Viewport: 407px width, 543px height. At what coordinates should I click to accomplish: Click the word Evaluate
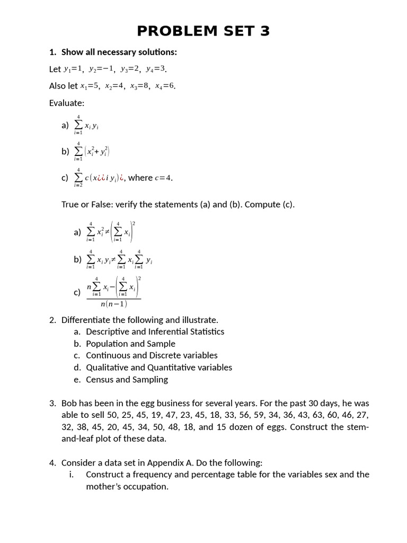67,103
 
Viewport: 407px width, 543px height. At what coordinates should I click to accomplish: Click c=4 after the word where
163,178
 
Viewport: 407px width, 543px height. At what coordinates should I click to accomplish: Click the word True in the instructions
70,205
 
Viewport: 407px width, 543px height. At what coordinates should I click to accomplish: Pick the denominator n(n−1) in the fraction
113,304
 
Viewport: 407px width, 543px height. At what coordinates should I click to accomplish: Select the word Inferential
169,331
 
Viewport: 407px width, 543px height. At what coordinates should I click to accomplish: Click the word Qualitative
107,367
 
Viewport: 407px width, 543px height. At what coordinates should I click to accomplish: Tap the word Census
100,379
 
